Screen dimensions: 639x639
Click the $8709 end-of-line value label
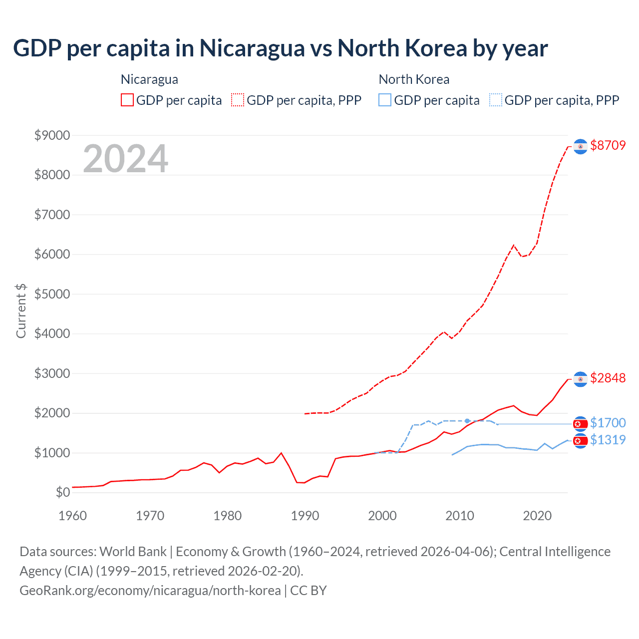[x=608, y=145]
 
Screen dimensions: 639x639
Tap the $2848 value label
[x=608, y=378]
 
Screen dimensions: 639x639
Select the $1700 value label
[x=608, y=423]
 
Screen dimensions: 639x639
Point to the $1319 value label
[x=608, y=440]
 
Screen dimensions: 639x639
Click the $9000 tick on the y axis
[x=52, y=135]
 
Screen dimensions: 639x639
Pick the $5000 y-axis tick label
[x=52, y=294]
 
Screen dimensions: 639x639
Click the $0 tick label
[x=62, y=492]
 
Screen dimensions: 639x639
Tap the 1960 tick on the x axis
[x=72, y=515]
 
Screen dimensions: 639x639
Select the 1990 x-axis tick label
[x=305, y=515]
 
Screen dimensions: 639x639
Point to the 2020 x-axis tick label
[x=537, y=515]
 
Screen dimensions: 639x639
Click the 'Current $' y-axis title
[x=21, y=311]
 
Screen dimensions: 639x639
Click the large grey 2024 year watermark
[x=125, y=159]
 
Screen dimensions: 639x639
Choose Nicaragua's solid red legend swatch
[x=127, y=100]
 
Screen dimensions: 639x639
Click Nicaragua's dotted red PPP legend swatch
[x=238, y=100]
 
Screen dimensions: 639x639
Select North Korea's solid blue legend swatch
[x=385, y=100]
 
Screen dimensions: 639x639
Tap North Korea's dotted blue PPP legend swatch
[x=496, y=100]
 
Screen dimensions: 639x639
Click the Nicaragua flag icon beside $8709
[x=580, y=146]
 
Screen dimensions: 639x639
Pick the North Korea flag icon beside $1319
[x=580, y=441]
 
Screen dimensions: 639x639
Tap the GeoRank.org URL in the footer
[x=150, y=591]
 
